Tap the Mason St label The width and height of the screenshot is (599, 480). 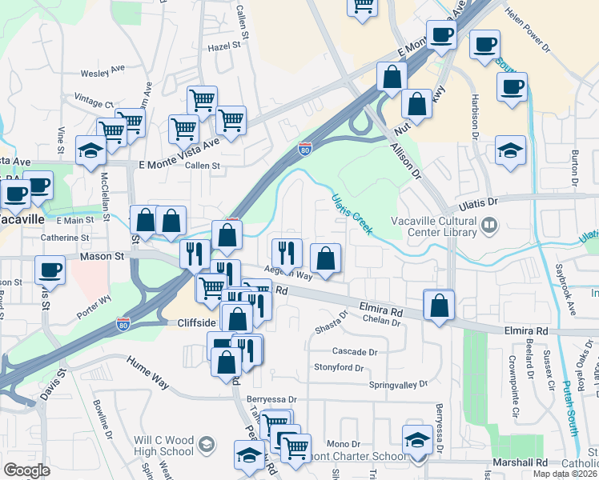(103, 257)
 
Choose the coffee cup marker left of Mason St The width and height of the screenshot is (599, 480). (50, 270)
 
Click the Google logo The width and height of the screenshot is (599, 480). (26, 470)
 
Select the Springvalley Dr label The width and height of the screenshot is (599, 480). (398, 385)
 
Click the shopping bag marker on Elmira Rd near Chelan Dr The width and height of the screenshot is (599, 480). (439, 306)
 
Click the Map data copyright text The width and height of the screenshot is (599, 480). (564, 474)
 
